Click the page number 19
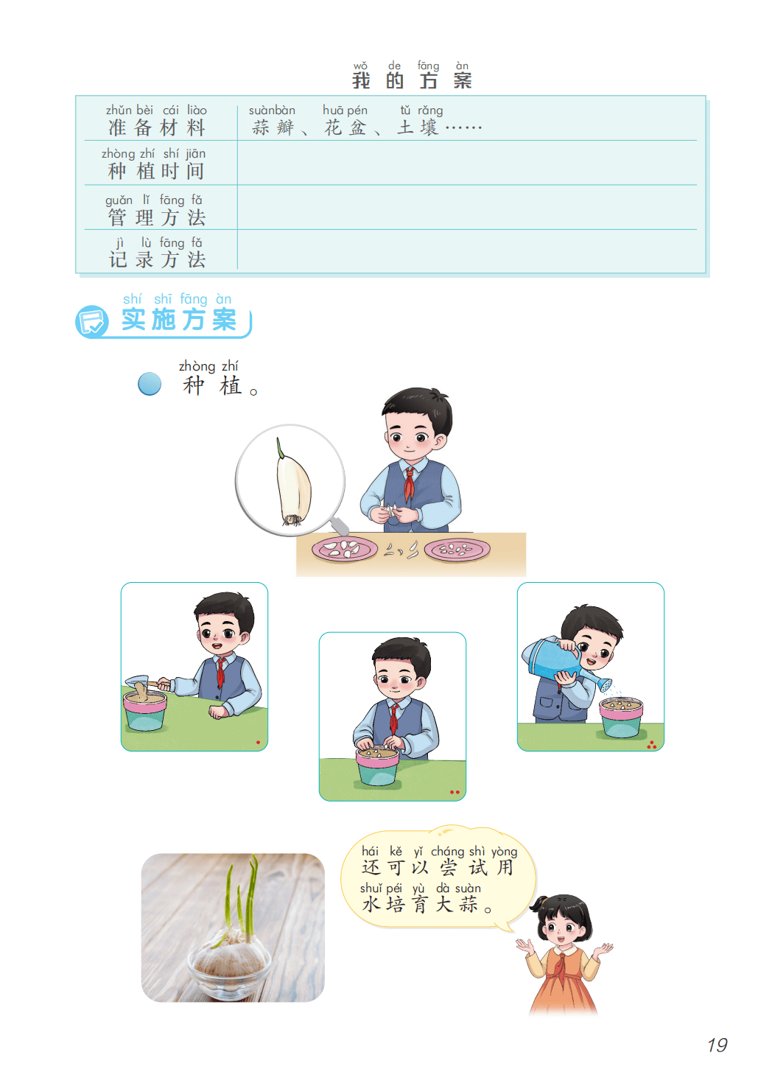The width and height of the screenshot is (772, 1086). click(x=717, y=1045)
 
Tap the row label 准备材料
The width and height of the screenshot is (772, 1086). click(x=156, y=127)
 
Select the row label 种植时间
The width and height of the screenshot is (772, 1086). click(x=155, y=171)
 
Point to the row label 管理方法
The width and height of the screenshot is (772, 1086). click(x=156, y=217)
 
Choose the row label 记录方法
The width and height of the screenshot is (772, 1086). click(x=157, y=259)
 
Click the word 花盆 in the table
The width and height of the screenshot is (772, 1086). click(x=345, y=127)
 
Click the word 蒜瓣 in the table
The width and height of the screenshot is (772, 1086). click(x=273, y=127)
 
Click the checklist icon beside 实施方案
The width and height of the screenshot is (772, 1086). click(x=91, y=321)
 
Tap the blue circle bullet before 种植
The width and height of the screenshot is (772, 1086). click(x=150, y=384)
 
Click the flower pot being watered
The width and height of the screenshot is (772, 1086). click(x=621, y=718)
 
